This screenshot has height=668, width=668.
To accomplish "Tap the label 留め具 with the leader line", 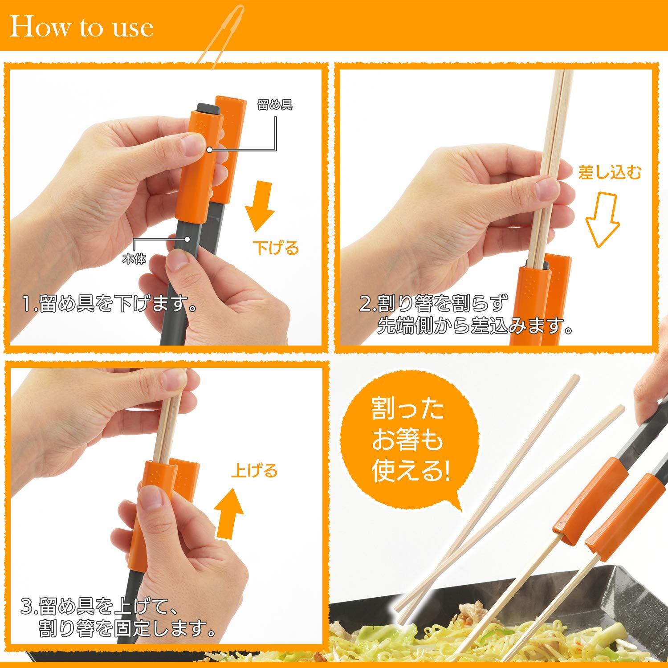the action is click(x=275, y=105).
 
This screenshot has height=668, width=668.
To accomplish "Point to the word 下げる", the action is click(x=276, y=248).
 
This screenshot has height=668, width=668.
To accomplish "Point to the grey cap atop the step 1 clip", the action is click(x=206, y=107).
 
